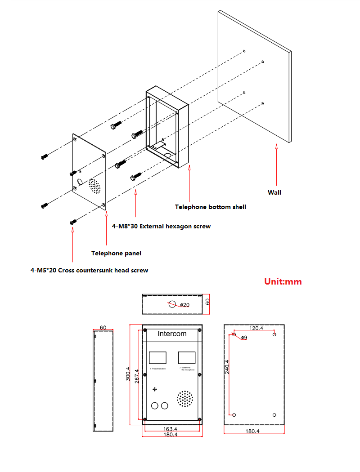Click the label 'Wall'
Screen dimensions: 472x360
[x=274, y=192]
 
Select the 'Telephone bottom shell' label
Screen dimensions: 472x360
[x=211, y=207]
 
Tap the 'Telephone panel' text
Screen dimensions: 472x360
[x=116, y=253]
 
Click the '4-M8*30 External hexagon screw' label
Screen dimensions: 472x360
[x=161, y=227]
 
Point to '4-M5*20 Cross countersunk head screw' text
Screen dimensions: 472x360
[x=89, y=270]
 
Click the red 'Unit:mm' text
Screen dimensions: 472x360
[x=283, y=282]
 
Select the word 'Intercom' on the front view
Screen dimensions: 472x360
[x=172, y=334]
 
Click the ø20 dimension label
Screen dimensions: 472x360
[x=184, y=305]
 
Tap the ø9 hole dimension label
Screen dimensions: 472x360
[x=243, y=338]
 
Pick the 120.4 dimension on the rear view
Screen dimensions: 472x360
[x=256, y=328]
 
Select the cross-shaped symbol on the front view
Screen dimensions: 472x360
[x=155, y=389]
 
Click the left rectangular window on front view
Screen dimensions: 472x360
[x=157, y=358]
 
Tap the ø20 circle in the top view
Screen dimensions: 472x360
[x=172, y=303]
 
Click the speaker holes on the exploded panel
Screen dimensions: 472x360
[x=94, y=186]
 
